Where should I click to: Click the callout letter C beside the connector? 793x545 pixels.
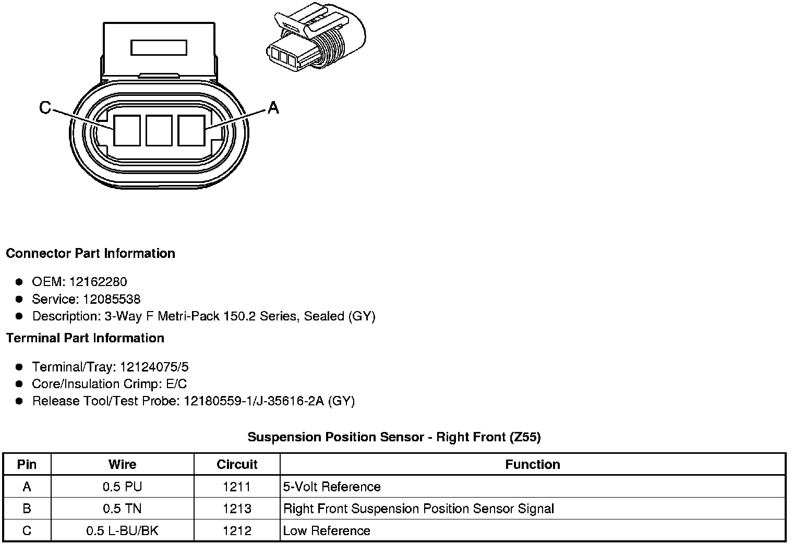(45, 108)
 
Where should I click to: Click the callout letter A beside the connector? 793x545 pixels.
(273, 108)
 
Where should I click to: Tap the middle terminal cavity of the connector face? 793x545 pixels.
(159, 130)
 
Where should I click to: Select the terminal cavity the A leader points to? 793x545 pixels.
(191, 130)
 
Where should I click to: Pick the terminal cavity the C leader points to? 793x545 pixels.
(127, 130)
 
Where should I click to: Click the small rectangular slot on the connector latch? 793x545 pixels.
(159, 48)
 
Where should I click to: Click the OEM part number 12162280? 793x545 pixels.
(98, 282)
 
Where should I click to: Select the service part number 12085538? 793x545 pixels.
(112, 299)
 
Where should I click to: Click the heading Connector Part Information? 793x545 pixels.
(90, 254)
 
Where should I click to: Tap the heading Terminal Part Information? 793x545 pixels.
(85, 338)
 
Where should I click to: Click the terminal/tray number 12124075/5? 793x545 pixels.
(154, 367)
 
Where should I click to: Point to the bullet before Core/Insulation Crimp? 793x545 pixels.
(19, 384)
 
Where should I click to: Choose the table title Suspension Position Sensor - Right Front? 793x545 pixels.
(394, 437)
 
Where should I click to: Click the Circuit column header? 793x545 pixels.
(237, 464)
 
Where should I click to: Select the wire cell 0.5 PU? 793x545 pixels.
(122, 487)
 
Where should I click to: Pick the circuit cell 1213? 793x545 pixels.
(237, 509)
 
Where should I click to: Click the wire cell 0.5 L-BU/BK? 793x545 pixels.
(122, 531)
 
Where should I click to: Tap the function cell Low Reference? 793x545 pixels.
(327, 531)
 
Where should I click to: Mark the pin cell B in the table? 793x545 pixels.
(27, 509)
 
